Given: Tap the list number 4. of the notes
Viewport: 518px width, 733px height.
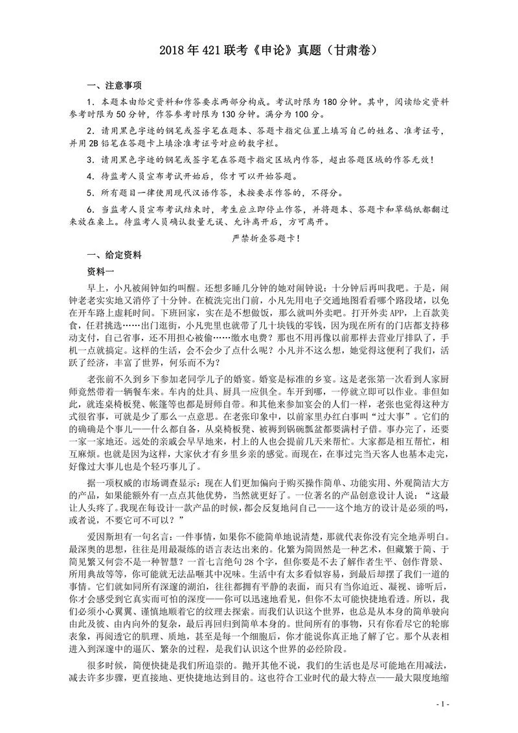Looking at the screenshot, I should click(91, 176).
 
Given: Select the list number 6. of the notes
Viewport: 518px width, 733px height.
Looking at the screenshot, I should click(91, 209).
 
